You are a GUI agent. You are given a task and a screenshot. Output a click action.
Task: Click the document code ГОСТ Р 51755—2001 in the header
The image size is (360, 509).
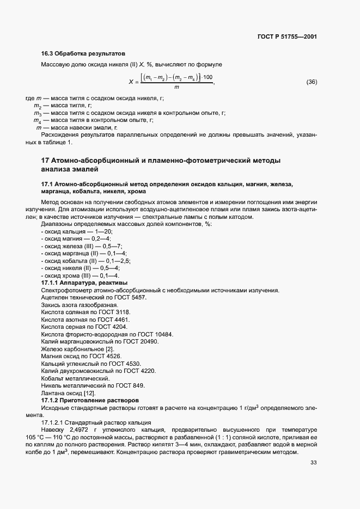pyautogui.click(x=286, y=36)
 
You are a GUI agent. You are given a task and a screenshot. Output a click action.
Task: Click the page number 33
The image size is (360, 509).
pyautogui.click(x=313, y=463)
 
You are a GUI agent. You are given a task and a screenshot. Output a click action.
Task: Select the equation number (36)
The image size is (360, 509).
pyautogui.click(x=312, y=82)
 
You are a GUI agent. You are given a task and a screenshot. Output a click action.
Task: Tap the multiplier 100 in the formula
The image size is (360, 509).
pyautogui.click(x=208, y=77)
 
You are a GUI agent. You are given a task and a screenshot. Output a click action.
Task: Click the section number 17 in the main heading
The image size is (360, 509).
pyautogui.click(x=45, y=161)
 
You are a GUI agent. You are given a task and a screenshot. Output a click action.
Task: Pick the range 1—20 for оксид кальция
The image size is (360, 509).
pyautogui.click(x=104, y=232)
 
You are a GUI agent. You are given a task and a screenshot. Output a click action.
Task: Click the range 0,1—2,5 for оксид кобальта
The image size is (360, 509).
pyautogui.click(x=120, y=261)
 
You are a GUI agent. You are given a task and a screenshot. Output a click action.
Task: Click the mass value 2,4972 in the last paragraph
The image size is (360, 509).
pyautogui.click(x=72, y=430)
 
